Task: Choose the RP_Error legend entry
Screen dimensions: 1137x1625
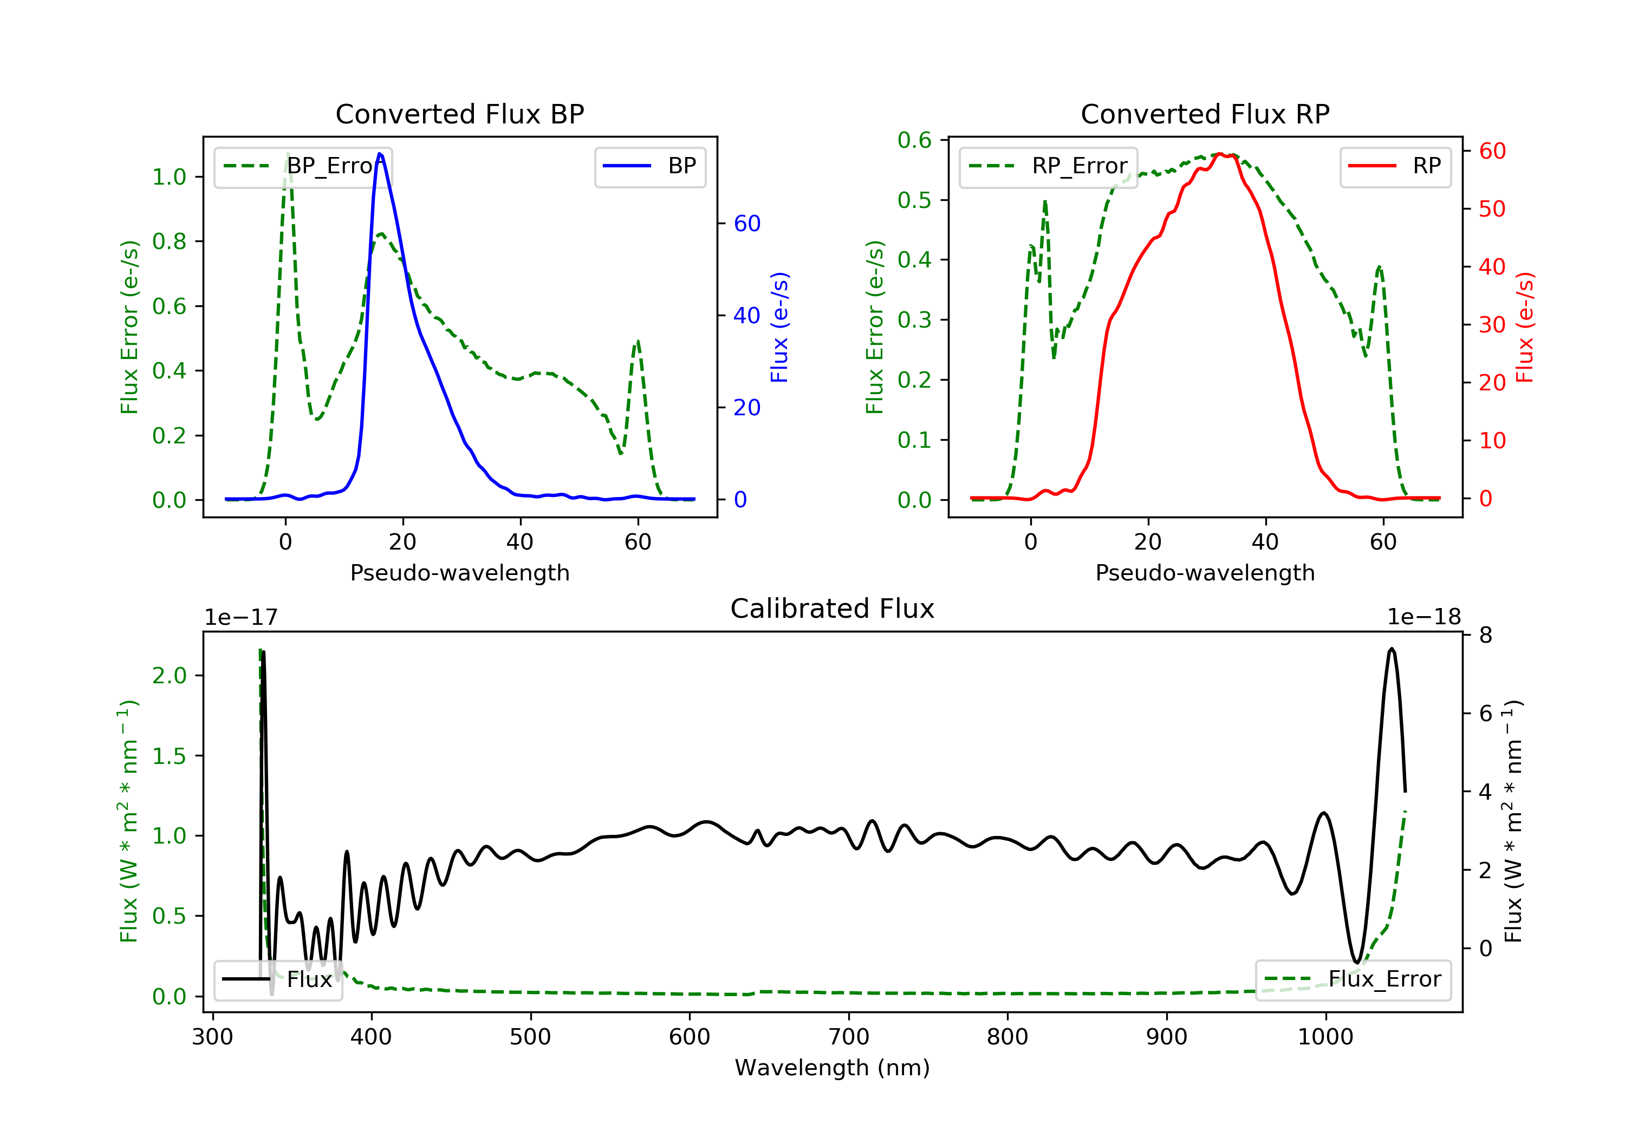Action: tap(1048, 166)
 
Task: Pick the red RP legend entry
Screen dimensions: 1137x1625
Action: tap(1395, 166)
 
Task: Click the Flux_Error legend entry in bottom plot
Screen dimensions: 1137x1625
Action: tap(1353, 979)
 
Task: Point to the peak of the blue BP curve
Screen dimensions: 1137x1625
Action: tap(380, 154)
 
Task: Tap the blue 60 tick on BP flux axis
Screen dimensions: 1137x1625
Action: tap(746, 224)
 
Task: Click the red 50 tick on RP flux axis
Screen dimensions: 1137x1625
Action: tap(1492, 210)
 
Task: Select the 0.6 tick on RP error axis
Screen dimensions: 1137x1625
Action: tap(914, 140)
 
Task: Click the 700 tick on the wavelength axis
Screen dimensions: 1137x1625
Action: tap(849, 1037)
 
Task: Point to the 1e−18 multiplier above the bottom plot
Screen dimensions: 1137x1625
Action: tap(1424, 617)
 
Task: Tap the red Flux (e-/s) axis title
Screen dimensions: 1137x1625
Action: tap(1524, 327)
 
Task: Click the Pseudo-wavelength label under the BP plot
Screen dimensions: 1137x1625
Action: tap(459, 572)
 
